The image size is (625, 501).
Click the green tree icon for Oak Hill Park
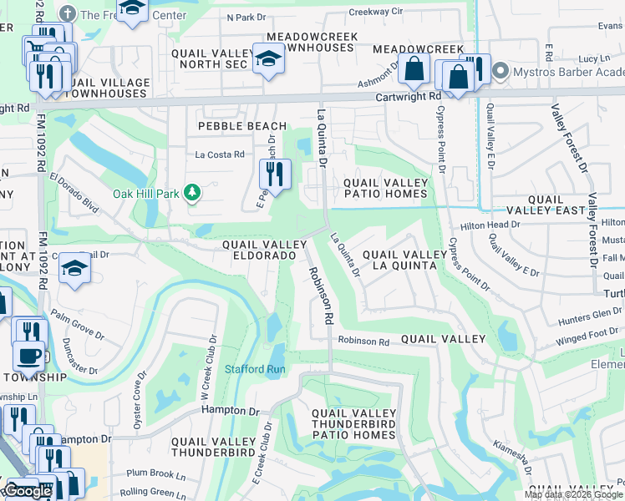pyautogui.click(x=193, y=194)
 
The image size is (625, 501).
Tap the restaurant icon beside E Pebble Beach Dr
pyautogui.click(x=272, y=174)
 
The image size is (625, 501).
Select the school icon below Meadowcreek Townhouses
pyautogui.click(x=267, y=59)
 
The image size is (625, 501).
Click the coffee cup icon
pyautogui.click(x=28, y=355)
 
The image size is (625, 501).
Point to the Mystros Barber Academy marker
pyautogui.click(x=501, y=70)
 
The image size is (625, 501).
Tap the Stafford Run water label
pyautogui.click(x=255, y=369)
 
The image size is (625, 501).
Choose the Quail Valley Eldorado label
pyautogui.click(x=259, y=249)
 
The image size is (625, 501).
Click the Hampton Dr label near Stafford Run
pyautogui.click(x=231, y=411)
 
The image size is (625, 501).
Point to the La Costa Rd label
pyautogui.click(x=220, y=154)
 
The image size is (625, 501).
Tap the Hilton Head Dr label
pyautogui.click(x=490, y=225)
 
